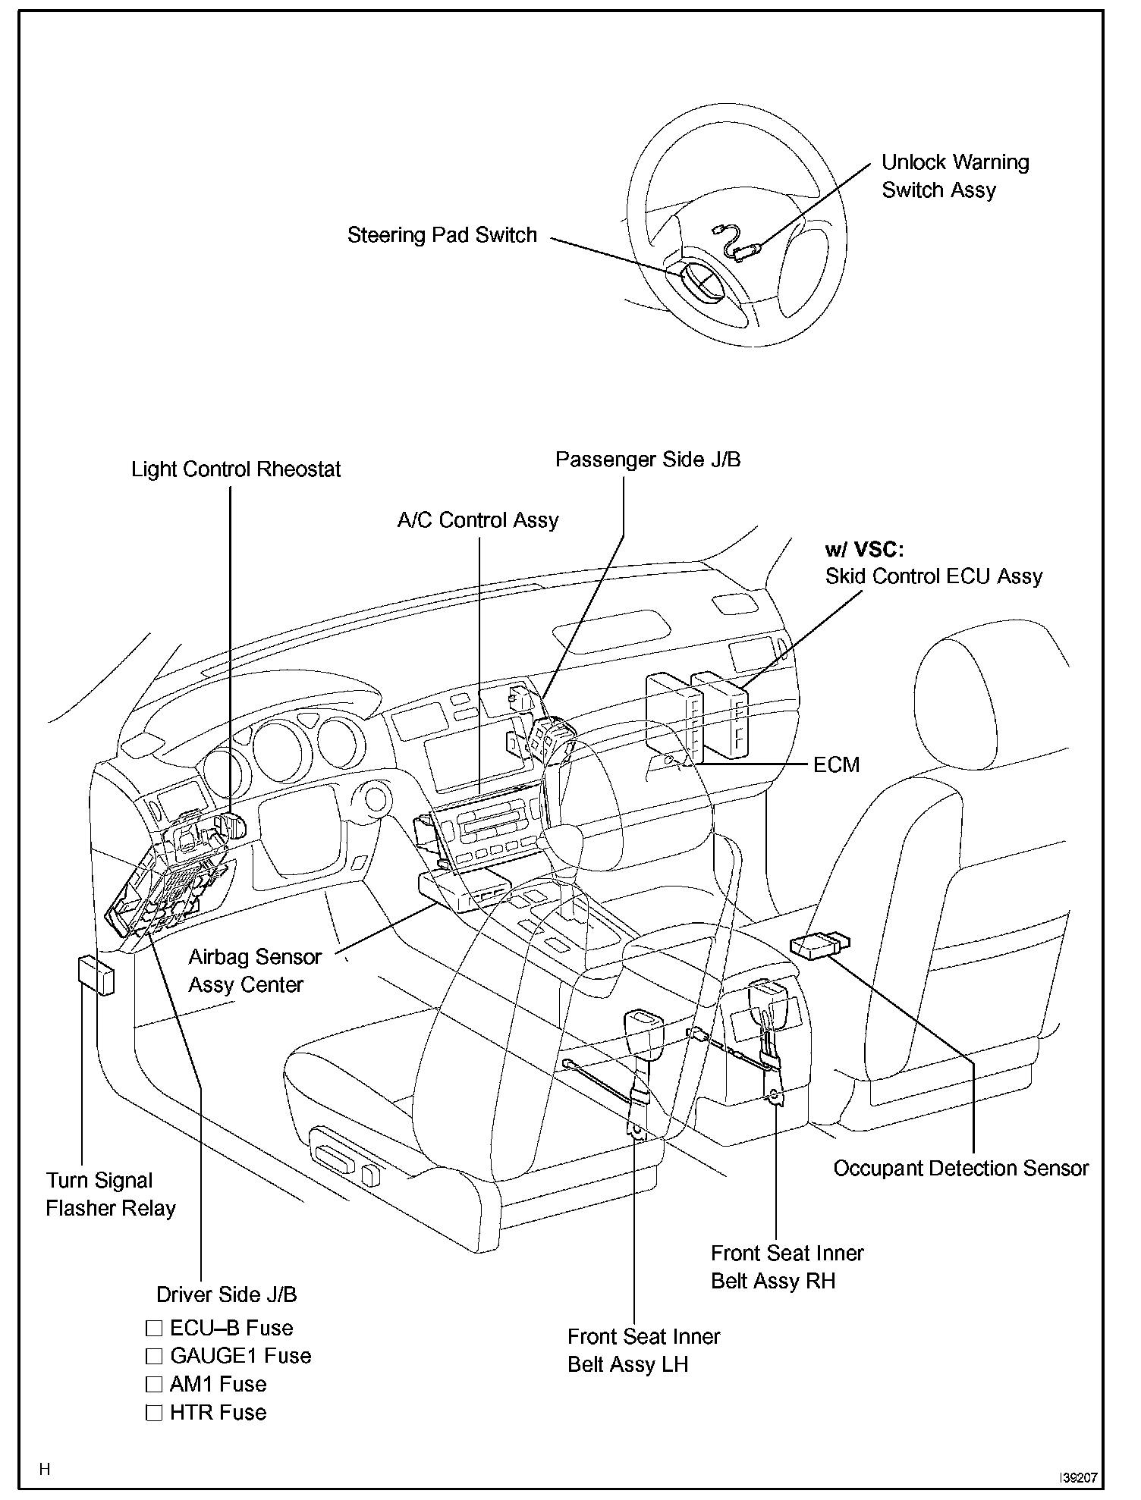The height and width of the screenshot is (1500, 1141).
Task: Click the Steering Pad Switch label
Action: (x=442, y=236)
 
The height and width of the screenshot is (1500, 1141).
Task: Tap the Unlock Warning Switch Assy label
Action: (x=955, y=176)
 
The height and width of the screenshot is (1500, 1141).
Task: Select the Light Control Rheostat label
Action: (x=236, y=469)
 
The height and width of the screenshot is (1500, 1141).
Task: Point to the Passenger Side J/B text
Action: (x=648, y=460)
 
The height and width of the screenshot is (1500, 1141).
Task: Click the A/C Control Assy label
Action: (x=478, y=520)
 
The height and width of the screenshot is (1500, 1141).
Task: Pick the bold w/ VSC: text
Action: (x=864, y=550)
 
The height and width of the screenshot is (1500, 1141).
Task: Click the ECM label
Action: (x=837, y=764)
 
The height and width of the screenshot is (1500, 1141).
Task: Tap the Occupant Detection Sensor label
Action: (x=960, y=1169)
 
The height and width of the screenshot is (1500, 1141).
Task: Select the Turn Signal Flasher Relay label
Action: (x=111, y=1194)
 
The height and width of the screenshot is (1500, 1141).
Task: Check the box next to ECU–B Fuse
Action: (x=154, y=1328)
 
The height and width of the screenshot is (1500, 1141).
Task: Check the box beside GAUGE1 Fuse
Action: (x=154, y=1356)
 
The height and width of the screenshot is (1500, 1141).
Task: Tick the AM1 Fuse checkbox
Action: (x=154, y=1384)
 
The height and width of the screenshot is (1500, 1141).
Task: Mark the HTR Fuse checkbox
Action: (x=154, y=1412)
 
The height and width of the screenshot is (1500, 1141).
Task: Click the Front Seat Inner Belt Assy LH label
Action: (x=644, y=1350)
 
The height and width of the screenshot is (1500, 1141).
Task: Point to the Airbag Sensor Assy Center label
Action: (x=255, y=971)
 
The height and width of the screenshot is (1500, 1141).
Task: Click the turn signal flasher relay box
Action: (x=96, y=974)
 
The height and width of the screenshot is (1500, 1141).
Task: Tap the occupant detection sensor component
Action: (x=820, y=946)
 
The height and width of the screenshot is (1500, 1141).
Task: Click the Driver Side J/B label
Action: (x=227, y=1294)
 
